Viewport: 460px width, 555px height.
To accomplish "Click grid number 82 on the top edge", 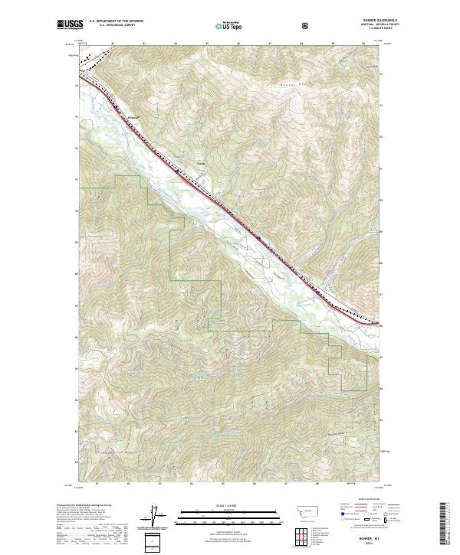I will [x=113, y=44].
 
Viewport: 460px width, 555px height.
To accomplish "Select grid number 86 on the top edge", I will [x=238, y=44].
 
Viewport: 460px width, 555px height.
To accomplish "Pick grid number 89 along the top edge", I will [x=333, y=44].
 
